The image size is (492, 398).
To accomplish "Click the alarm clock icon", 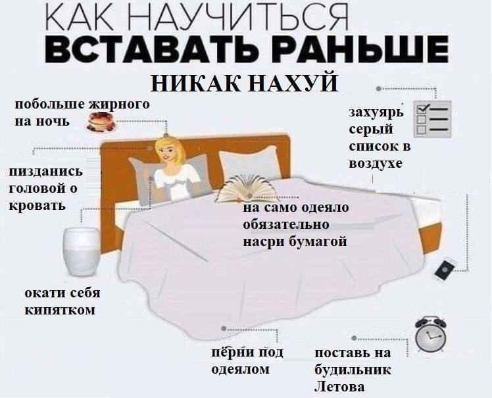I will pyautogui.click(x=431, y=335).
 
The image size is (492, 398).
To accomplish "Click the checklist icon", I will pyautogui.click(x=431, y=118).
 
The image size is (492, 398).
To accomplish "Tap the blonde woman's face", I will pyautogui.click(x=170, y=151).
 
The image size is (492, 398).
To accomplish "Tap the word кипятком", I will pyautogui.click(x=60, y=309).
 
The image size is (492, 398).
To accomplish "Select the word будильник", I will pyautogui.click(x=353, y=370).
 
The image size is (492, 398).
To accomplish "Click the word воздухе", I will pyautogui.click(x=376, y=163).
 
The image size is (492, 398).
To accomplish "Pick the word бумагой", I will pyautogui.click(x=318, y=241).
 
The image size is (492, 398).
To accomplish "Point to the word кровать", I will pyautogui.click(x=37, y=205).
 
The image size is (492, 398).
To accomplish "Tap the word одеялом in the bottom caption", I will pyautogui.click(x=240, y=370).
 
